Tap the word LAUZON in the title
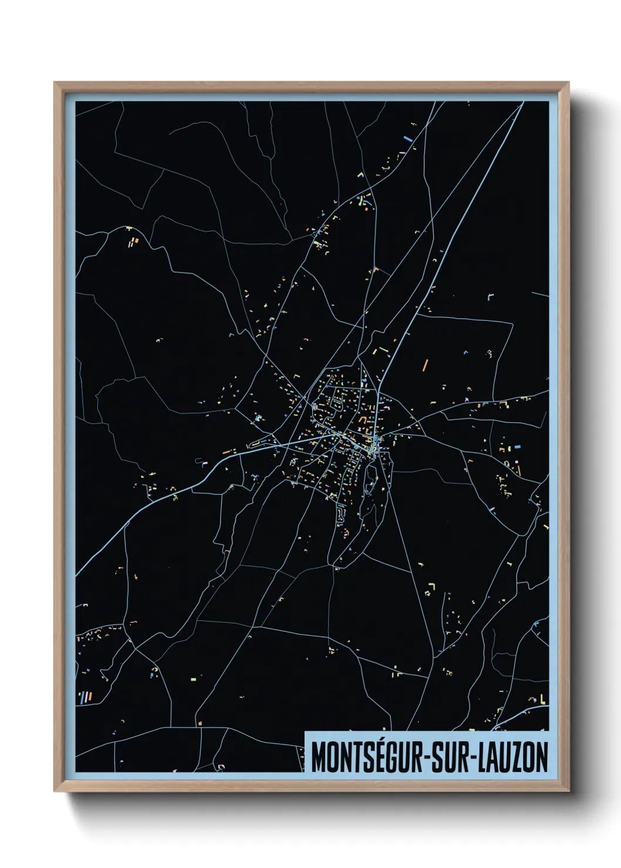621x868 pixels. (x=514, y=757)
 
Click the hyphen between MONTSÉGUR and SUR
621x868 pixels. (x=427, y=758)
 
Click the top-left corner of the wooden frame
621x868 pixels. (x=55, y=83)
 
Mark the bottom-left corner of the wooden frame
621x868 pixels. (x=55, y=791)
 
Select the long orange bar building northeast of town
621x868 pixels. (x=425, y=365)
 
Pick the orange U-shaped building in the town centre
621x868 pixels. (x=362, y=420)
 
